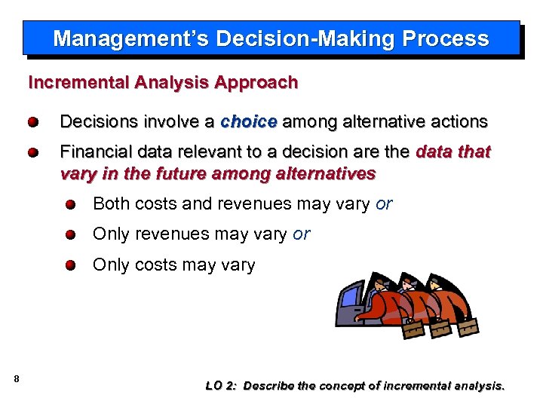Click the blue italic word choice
point(249,121)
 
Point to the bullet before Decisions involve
point(34,122)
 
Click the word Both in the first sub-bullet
point(110,204)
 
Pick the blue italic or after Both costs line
point(383,204)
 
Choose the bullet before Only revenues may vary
point(70,235)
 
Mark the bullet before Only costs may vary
point(70,265)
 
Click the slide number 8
point(17,378)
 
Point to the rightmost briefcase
point(468,327)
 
